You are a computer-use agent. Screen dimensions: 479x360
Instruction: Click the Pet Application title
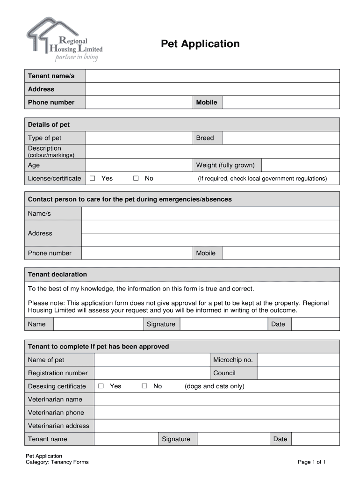click(x=200, y=44)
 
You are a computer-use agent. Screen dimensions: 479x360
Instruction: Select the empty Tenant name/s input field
click(x=212, y=76)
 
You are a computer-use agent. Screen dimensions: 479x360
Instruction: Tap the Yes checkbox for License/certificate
click(x=93, y=178)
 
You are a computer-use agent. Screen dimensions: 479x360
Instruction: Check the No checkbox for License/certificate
click(x=136, y=178)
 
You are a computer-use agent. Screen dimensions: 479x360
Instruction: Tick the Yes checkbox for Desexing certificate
click(x=101, y=386)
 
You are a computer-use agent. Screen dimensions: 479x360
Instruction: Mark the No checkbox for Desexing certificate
click(x=144, y=386)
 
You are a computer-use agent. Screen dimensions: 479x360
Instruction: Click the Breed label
click(x=205, y=138)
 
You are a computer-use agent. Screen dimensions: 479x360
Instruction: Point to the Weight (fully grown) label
click(x=225, y=165)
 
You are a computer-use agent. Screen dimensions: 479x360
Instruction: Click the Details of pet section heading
click(x=49, y=124)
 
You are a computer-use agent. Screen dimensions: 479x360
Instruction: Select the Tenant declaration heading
click(x=58, y=274)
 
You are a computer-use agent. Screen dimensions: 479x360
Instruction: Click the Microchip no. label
click(x=233, y=360)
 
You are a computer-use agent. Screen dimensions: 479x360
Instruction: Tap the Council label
click(x=224, y=373)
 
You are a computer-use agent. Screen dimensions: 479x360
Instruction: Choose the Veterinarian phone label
click(x=56, y=413)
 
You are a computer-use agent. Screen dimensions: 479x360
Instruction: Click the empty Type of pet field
click(x=139, y=138)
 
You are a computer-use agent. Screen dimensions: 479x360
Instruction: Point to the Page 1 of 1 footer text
click(x=311, y=462)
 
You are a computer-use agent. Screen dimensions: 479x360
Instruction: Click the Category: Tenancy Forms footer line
click(x=57, y=462)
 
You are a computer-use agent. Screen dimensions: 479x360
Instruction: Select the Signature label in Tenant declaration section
click(x=161, y=324)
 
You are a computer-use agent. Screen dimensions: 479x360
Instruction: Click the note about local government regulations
click(x=262, y=179)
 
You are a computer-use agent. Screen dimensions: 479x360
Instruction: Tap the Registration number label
click(x=58, y=373)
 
